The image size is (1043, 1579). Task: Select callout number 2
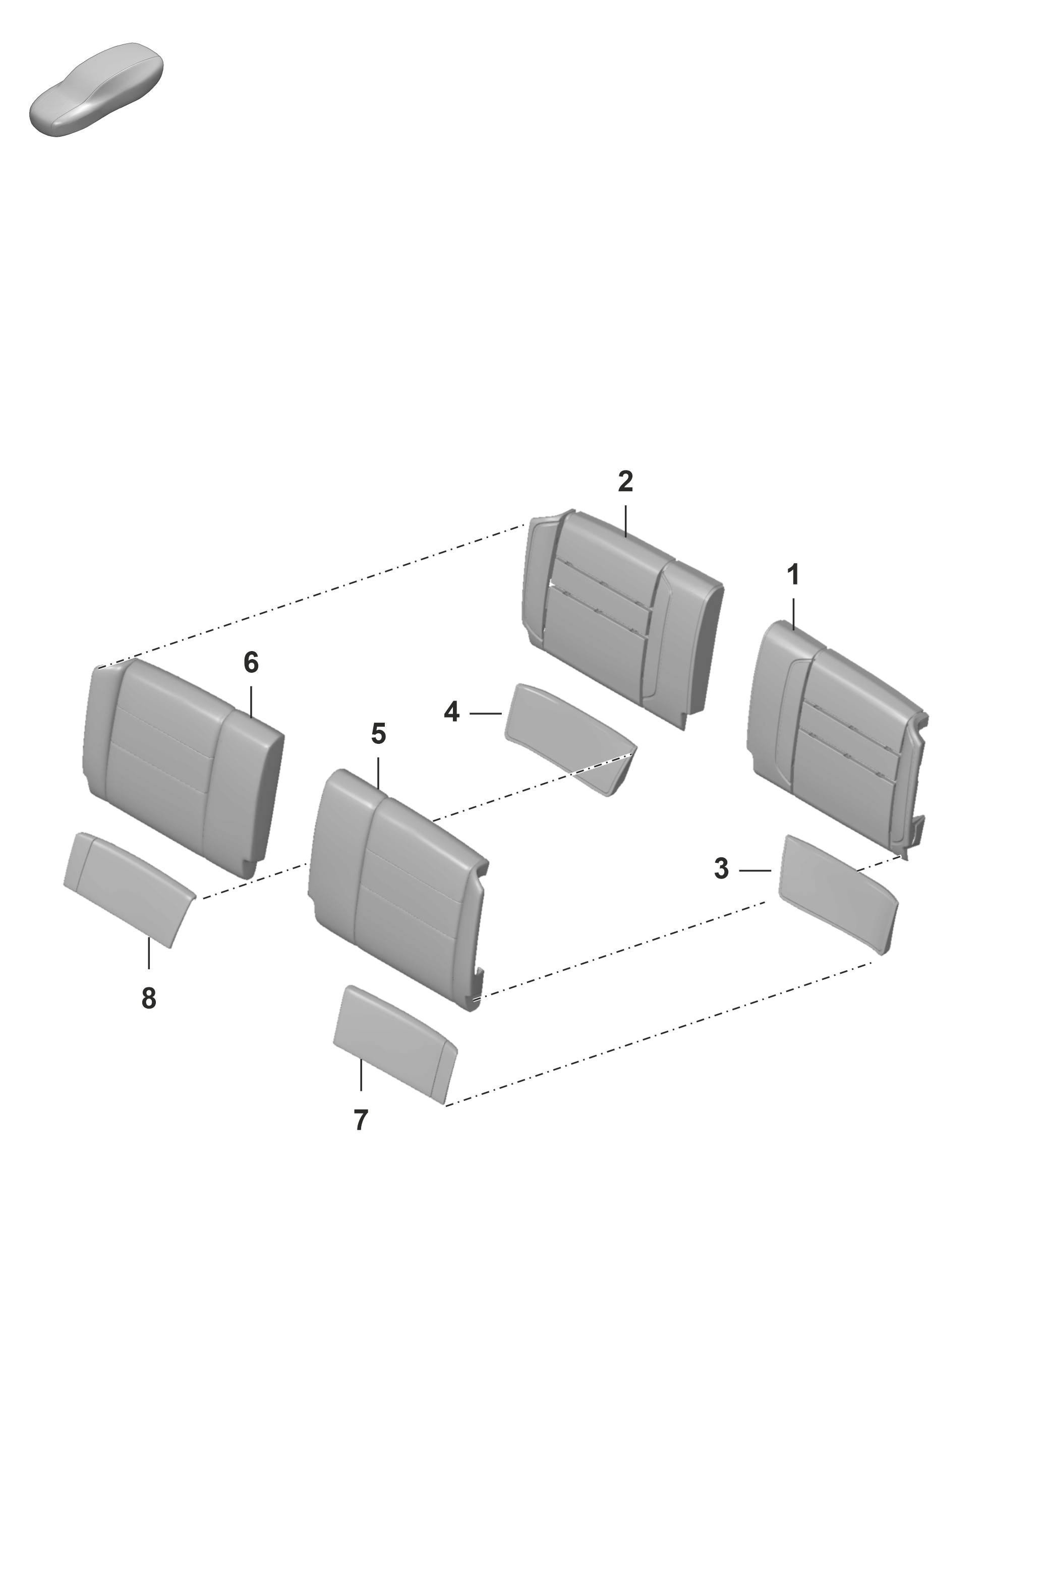[x=625, y=482]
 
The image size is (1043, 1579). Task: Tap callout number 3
[x=722, y=868]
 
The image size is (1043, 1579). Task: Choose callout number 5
[x=378, y=734]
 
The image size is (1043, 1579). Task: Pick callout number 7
[x=361, y=1120]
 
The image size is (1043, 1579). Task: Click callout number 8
[x=149, y=999]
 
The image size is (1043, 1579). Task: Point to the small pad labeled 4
[x=571, y=738]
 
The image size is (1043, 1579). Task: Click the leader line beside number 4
[x=486, y=714]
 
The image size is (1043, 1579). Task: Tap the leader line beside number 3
[x=755, y=870]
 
